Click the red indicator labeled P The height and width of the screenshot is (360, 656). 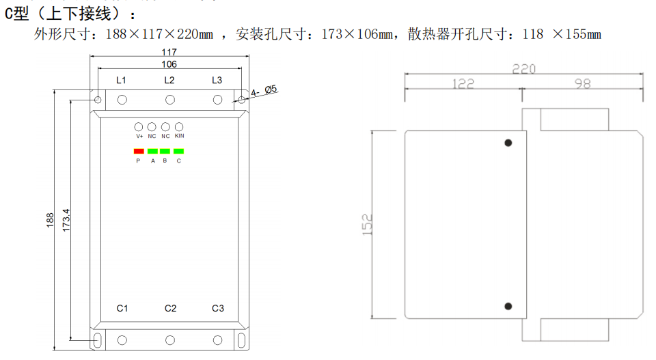click(139, 151)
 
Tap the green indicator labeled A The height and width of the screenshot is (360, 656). click(152, 151)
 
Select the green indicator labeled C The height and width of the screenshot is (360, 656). click(179, 151)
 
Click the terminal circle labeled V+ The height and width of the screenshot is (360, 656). click(139, 127)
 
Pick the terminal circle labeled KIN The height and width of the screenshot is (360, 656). click(179, 127)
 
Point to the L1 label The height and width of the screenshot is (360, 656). click(121, 80)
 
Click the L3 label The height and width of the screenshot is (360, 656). click(217, 80)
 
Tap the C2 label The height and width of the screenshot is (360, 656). click(170, 309)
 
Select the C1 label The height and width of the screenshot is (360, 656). click(122, 309)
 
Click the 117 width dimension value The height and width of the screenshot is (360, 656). click(169, 53)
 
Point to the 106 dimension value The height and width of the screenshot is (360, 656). click(169, 64)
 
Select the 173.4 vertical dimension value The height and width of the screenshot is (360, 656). click(66, 220)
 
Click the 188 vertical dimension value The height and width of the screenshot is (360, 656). click(51, 220)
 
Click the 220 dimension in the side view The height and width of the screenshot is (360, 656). click(524, 69)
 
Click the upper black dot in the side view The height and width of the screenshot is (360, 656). click(508, 143)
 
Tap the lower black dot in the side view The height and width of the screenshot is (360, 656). click(508, 307)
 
